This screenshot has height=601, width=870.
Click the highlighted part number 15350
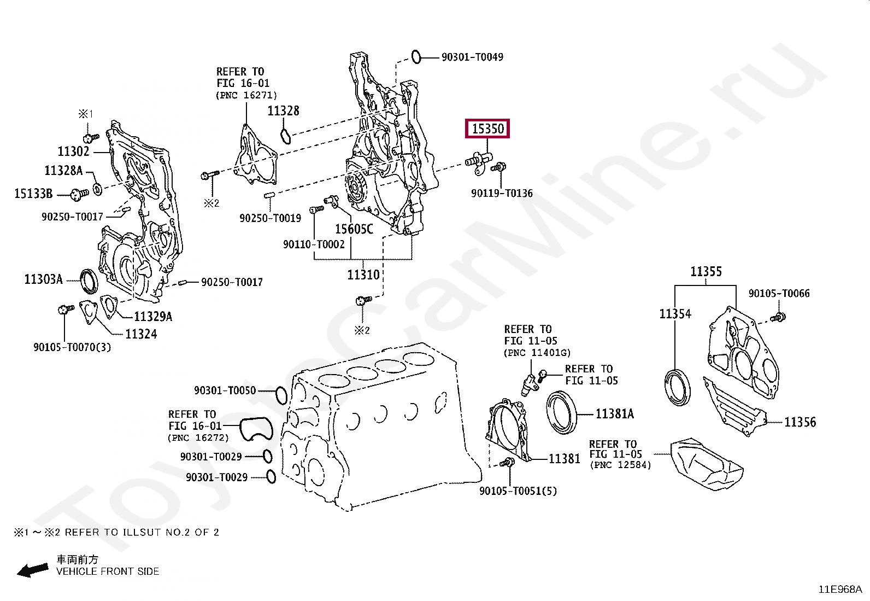(x=487, y=129)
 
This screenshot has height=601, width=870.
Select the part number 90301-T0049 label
(x=472, y=57)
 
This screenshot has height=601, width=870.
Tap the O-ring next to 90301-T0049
(x=416, y=57)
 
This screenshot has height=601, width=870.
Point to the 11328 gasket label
(x=283, y=111)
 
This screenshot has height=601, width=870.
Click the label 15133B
(x=33, y=194)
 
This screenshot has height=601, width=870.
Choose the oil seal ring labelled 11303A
(x=89, y=281)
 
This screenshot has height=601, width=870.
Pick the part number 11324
(x=141, y=334)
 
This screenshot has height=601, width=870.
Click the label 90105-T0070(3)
(x=72, y=347)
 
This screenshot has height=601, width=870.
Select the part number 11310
(x=363, y=275)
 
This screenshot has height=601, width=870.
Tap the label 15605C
(x=354, y=229)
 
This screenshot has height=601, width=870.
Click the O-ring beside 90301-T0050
(x=281, y=395)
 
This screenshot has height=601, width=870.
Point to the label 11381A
(x=615, y=414)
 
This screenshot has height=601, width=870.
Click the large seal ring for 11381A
(x=562, y=412)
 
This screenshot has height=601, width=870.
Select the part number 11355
(x=706, y=272)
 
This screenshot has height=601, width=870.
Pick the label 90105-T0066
(x=779, y=294)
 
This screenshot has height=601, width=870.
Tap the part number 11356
(x=800, y=422)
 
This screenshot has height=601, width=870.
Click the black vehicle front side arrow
(x=33, y=570)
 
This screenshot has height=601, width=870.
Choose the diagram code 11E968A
(x=840, y=589)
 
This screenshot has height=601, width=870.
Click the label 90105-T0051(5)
(x=518, y=491)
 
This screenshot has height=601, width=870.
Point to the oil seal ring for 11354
(x=677, y=388)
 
